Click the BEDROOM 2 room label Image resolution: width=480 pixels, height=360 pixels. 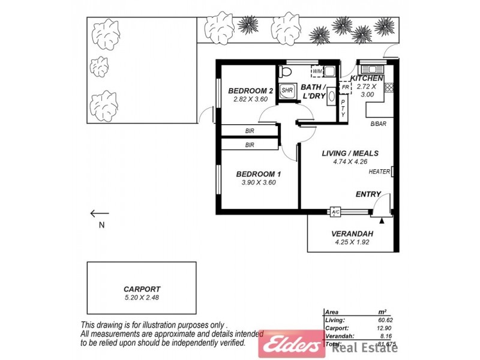pyautogui.click(x=251, y=91)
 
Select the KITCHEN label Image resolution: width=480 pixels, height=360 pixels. pyautogui.click(x=366, y=79)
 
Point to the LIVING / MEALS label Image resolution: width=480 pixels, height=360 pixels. pyautogui.click(x=350, y=153)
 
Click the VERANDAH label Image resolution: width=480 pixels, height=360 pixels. pyautogui.click(x=352, y=234)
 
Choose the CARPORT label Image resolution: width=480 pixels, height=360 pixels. pyautogui.click(x=142, y=288)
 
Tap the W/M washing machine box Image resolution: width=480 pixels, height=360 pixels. pyautogui.click(x=317, y=71)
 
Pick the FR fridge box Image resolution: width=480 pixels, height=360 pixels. pyautogui.click(x=346, y=88)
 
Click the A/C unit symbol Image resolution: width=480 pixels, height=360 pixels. pyautogui.click(x=335, y=212)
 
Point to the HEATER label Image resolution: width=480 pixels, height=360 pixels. pyautogui.click(x=379, y=172)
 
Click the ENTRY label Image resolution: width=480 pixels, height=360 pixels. pyautogui.click(x=368, y=194)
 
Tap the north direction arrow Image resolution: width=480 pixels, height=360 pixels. pyautogui.click(x=100, y=213)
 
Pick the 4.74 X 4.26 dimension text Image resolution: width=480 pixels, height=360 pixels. pyautogui.click(x=350, y=161)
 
